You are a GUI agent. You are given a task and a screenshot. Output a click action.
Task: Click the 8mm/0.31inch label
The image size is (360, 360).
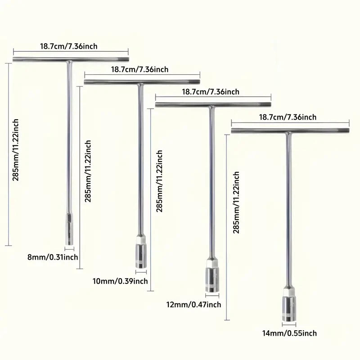(x=53, y=257)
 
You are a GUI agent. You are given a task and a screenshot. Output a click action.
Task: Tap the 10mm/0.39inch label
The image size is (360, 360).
(x=120, y=281)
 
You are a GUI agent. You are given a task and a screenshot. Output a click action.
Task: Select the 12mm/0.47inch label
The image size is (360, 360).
(x=194, y=305)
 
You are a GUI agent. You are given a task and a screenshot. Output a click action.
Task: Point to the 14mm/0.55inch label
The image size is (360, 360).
(x=289, y=333)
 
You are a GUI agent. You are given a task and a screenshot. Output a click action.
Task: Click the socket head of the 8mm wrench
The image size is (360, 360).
(x=69, y=229)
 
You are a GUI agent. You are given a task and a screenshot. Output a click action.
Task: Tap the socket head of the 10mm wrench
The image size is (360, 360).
(x=141, y=252)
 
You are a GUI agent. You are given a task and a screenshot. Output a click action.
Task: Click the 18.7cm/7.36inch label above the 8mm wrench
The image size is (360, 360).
(x=69, y=46)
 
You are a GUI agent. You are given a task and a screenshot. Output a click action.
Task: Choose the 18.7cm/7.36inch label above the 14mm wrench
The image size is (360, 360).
(x=288, y=117)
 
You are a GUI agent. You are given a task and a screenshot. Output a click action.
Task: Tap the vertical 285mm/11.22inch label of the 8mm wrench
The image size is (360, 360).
(x=15, y=150)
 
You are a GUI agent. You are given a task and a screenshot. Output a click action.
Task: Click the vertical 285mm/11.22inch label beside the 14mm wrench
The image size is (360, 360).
(x=236, y=202)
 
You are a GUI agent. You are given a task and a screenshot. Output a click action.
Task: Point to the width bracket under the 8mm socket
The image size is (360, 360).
(x=69, y=249)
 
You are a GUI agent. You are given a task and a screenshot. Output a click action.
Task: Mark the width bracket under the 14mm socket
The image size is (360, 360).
(x=289, y=324)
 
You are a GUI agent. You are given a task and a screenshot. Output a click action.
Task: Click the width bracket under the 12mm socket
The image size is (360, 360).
(x=212, y=296)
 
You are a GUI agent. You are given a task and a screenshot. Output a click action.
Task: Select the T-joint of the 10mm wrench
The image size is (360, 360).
(x=140, y=84)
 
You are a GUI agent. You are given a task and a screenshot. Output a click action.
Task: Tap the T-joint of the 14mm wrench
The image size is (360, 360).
(x=288, y=133)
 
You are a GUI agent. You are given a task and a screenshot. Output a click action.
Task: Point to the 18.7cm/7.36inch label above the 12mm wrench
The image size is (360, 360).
(x=211, y=92)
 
